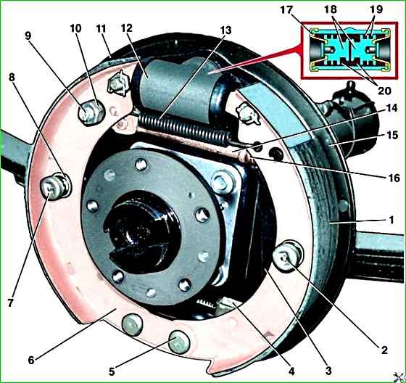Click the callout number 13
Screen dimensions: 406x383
tap(225, 30)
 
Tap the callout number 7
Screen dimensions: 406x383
tap(10, 302)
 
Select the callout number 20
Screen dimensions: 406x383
tap(384, 91)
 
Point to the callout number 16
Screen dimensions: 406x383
tap(394, 178)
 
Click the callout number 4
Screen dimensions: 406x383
tap(291, 371)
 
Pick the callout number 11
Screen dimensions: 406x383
tap(101, 29)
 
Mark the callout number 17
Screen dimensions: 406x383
tap(286, 10)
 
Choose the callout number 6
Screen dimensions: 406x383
tap(31, 361)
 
